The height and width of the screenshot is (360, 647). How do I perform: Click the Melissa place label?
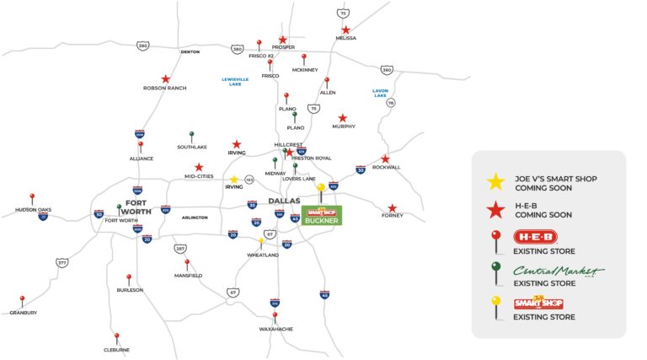click(x=345, y=38)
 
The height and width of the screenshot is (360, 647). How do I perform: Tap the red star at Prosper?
click(x=283, y=40)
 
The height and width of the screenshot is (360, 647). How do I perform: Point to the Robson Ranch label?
click(x=165, y=88)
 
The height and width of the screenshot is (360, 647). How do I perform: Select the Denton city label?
click(x=190, y=51)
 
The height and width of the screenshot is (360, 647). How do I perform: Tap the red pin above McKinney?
click(x=304, y=58)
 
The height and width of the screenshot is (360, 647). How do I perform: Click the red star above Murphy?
click(x=342, y=118)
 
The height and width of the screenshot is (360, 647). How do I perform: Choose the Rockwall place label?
click(x=386, y=167)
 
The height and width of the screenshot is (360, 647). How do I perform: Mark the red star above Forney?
click(x=392, y=207)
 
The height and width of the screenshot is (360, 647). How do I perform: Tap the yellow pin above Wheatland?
click(x=262, y=242)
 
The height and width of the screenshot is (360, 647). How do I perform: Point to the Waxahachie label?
click(x=275, y=329)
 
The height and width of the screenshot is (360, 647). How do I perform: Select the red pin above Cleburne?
click(x=117, y=336)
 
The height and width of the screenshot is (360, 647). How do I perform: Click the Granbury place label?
click(x=23, y=313)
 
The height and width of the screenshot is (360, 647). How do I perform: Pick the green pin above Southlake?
click(x=192, y=135)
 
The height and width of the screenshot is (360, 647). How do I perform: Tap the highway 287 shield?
click(x=180, y=248)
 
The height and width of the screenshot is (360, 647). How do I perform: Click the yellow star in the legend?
click(x=496, y=180)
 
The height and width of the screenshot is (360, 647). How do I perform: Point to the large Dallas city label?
click(x=284, y=201)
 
